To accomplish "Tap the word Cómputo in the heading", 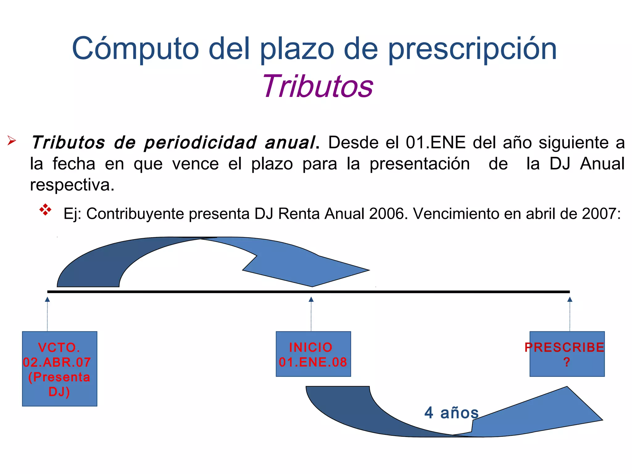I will [x=135, y=49].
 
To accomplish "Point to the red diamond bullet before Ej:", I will [x=45, y=210].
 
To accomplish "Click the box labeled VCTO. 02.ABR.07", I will [x=60, y=368].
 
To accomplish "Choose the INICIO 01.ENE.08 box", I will [x=313, y=354].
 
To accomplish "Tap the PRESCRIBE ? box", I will [x=567, y=354].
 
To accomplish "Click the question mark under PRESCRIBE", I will [x=567, y=362].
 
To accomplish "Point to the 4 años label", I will [x=451, y=413].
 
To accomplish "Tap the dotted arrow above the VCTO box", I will [x=47, y=314].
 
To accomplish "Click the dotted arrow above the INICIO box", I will [x=311, y=314].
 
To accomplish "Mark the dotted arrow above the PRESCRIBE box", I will [x=570, y=314].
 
